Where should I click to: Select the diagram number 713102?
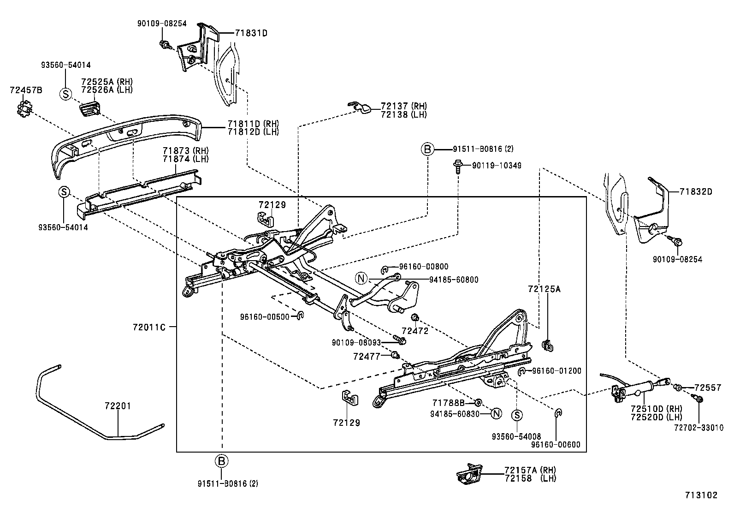[x=700, y=495]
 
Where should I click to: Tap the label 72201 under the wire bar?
[x=118, y=406]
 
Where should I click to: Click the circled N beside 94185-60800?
[x=361, y=278]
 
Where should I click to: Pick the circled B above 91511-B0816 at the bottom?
[x=222, y=460]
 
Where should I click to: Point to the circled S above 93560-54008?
[x=517, y=415]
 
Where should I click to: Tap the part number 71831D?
[x=251, y=33]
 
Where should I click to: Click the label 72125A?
[x=545, y=289]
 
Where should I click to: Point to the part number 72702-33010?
[x=698, y=428]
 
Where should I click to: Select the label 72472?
[x=415, y=331]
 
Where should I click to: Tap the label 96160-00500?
[x=265, y=316]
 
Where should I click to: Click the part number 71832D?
[x=695, y=192]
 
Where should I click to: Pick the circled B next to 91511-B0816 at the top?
[x=427, y=149]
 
